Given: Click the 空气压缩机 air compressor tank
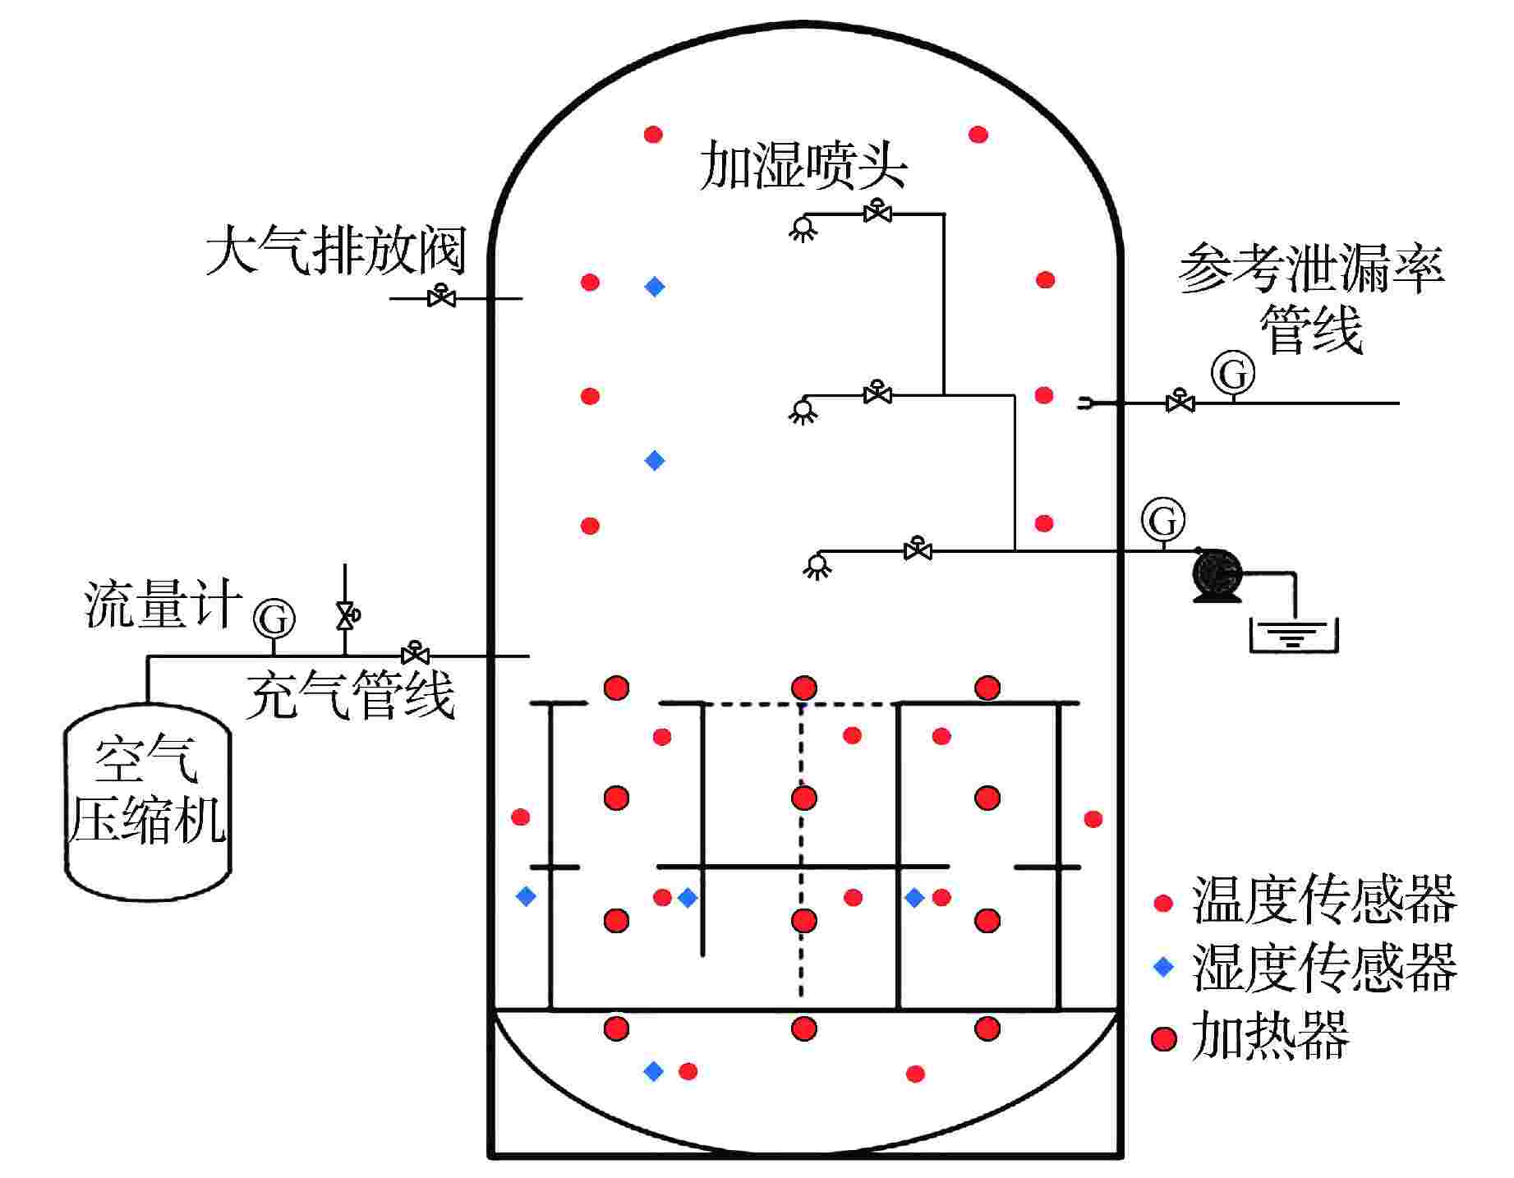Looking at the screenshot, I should click(148, 801).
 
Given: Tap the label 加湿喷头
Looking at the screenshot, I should click(803, 167).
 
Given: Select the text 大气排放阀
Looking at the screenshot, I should click(335, 251).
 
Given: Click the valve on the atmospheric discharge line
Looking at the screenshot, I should click(442, 297).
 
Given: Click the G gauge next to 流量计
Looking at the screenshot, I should click(274, 619).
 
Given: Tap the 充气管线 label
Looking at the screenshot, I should click(350, 695).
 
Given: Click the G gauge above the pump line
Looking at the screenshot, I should click(1163, 519).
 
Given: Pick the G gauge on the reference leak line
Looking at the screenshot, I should click(1233, 374).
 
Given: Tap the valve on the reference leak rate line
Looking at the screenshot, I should click(1180, 402).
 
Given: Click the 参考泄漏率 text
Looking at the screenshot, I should click(1311, 269).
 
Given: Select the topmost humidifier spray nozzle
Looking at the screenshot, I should click(803, 227).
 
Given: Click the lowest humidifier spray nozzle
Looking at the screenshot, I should click(816, 565).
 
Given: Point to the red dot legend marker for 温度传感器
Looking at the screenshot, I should click(1163, 904).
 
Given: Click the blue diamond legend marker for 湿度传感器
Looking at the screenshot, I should click(1163, 967).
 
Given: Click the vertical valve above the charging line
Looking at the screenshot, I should click(345, 614).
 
